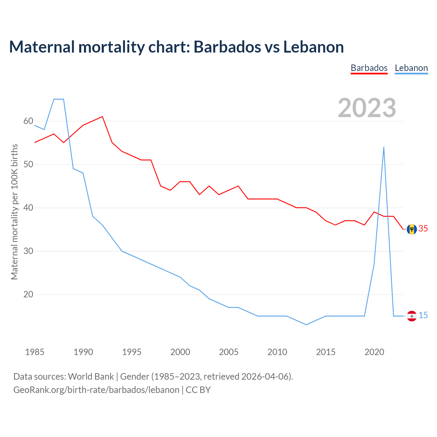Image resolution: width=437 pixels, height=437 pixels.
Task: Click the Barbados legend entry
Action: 369,68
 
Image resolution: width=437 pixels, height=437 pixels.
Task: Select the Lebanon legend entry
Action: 411,68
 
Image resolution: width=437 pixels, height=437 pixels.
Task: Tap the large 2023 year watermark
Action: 367,108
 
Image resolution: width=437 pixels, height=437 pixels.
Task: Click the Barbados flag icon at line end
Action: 412,229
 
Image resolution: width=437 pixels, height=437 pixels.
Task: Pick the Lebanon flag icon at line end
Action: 412,316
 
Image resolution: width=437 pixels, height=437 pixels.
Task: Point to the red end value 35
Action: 423,229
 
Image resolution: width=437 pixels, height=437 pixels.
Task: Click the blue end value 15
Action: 423,315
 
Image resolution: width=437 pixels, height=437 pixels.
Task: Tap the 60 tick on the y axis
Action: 28,121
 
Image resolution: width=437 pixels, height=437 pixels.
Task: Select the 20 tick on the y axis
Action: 28,294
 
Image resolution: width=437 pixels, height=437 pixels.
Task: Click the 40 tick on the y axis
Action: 28,208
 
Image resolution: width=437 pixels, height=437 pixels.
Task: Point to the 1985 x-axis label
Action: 35,352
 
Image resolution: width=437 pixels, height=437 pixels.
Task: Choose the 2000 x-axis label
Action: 180,352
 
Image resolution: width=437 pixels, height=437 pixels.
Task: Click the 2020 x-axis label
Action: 374,352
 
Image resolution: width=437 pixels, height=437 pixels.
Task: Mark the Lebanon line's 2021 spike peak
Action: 384,147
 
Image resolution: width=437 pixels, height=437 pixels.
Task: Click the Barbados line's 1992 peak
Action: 102,117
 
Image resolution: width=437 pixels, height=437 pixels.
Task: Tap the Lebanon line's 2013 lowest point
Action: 306,324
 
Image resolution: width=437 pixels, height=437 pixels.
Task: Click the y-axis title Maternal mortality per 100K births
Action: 14,212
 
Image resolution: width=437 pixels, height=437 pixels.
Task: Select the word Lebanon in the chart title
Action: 313,47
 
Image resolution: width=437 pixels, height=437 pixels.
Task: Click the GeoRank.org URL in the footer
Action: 96,390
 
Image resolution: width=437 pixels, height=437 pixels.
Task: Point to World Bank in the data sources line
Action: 91,377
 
